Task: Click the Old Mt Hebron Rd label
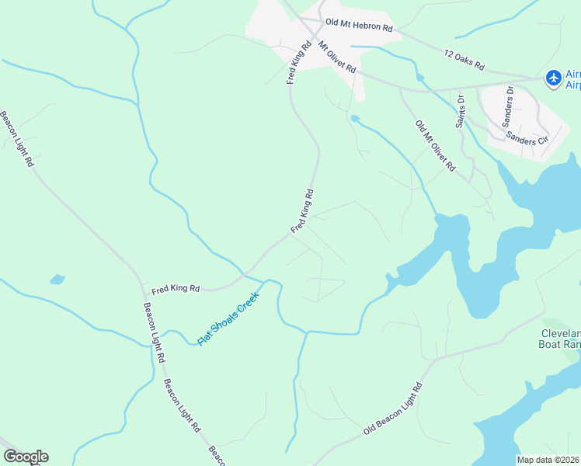click(x=359, y=26)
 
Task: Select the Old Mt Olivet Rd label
click(x=435, y=146)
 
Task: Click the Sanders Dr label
click(x=510, y=100)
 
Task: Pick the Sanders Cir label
click(x=527, y=137)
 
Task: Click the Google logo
click(x=26, y=457)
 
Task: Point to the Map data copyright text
click(x=548, y=460)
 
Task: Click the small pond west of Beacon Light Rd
click(x=56, y=279)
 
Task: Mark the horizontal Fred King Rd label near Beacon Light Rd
click(x=176, y=289)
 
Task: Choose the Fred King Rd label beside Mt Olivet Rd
click(x=298, y=62)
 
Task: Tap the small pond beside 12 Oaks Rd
click(x=420, y=78)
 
